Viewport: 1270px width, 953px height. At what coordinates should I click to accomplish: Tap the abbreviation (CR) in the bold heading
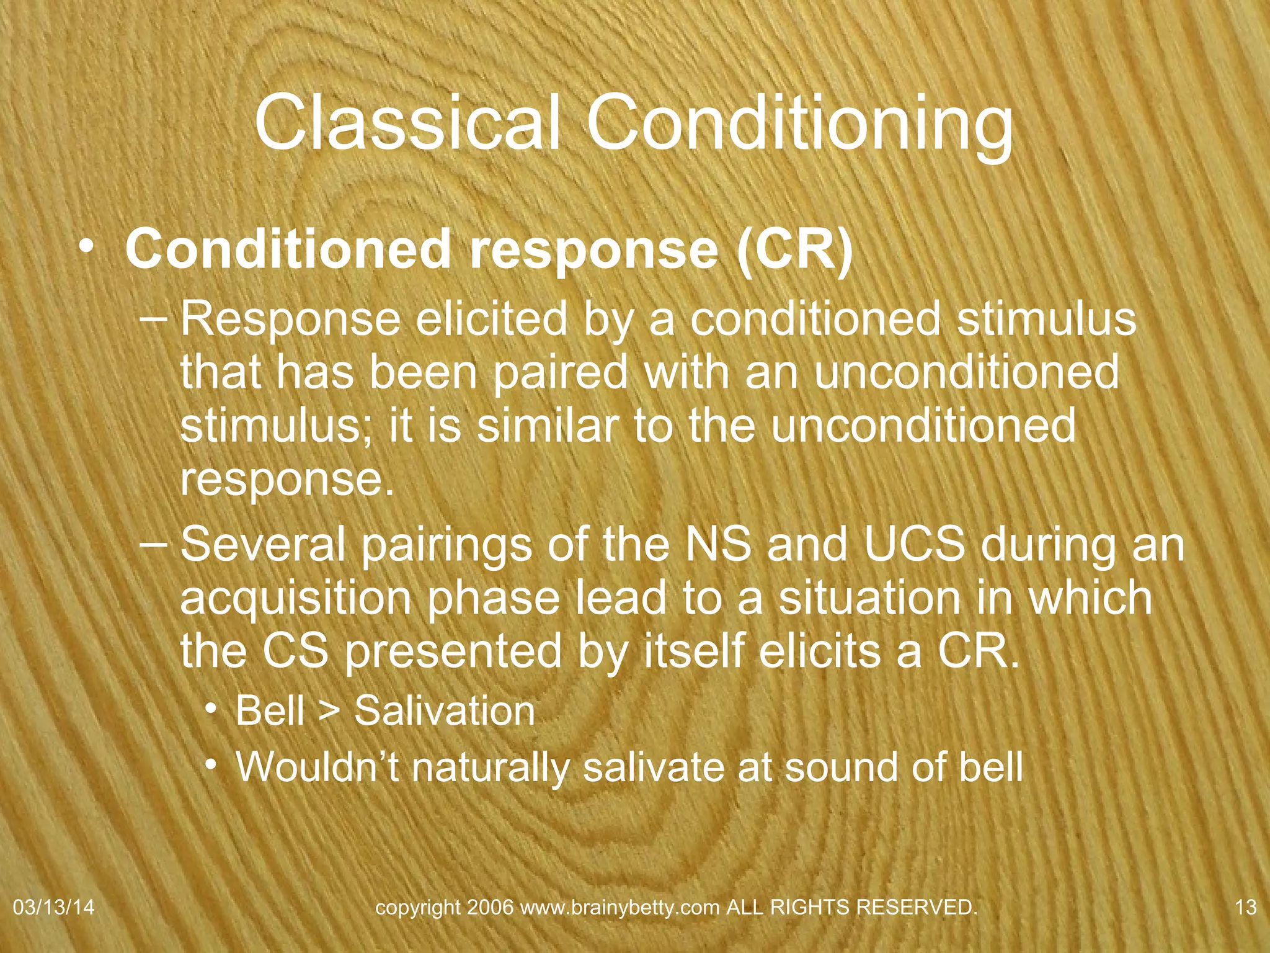[795, 249]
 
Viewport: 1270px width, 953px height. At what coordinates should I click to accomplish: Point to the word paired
[561, 372]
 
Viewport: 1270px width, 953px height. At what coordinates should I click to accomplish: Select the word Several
[263, 544]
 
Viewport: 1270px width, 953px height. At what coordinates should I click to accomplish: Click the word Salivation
[444, 710]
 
